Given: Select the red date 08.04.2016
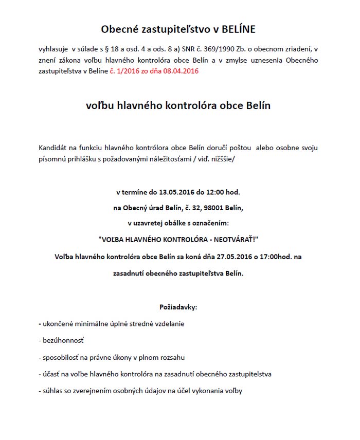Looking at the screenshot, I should [x=182, y=71].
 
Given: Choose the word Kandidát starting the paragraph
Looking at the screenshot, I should [x=53, y=148].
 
